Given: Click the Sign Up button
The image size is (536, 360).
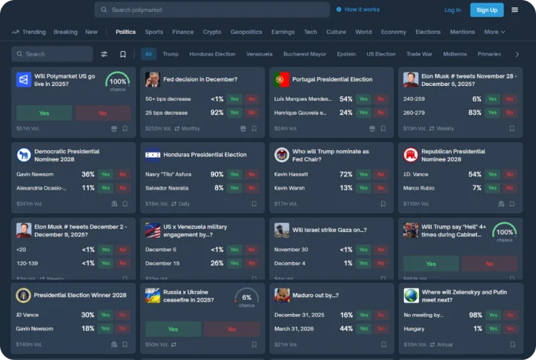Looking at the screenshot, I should tap(486, 10).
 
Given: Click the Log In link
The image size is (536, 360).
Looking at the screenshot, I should tap(452, 10).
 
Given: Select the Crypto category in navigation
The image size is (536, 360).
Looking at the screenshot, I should tap(212, 32).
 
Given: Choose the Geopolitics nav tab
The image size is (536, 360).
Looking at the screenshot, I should tap(246, 32).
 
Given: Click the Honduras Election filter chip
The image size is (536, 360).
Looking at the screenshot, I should tap(212, 54).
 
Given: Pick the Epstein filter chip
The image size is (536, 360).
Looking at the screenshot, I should tap(345, 54).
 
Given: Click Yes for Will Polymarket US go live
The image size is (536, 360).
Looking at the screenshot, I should tap(44, 113).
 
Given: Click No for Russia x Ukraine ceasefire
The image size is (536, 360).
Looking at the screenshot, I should tap(231, 329).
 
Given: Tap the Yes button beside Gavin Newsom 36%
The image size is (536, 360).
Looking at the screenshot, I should tap(105, 175).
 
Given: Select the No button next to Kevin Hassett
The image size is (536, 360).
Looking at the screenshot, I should tap(381, 175).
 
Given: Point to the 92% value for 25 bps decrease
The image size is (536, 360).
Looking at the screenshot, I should tap(216, 113).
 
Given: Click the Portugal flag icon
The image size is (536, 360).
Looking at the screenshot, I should tap(281, 79).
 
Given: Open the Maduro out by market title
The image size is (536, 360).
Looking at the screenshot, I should tap(315, 295).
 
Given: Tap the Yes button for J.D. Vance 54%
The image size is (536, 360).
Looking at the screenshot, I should tap(493, 175).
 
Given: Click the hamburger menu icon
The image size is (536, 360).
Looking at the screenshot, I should tap(515, 10).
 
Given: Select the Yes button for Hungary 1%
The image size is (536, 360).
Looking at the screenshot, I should tap(493, 328).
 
